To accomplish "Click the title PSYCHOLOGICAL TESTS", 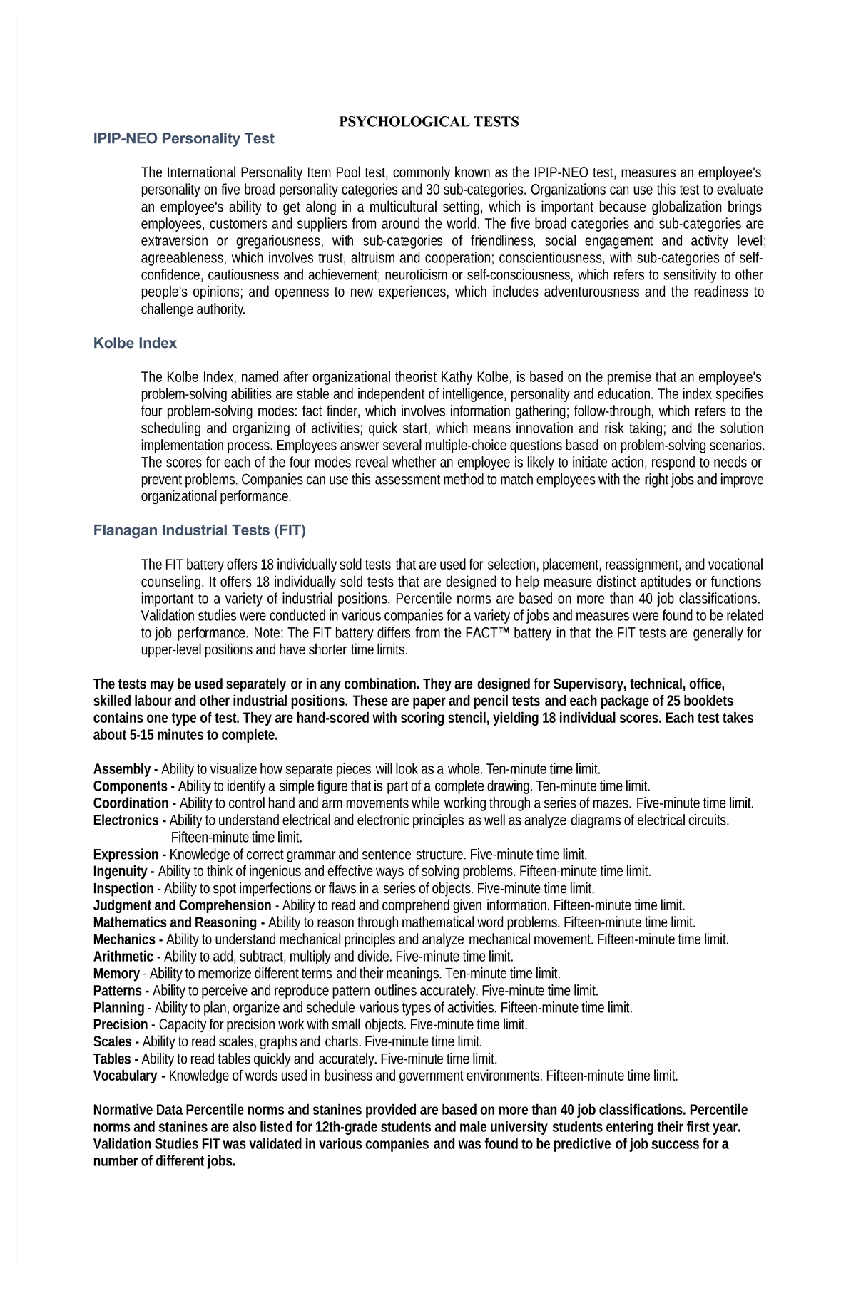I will [428, 121].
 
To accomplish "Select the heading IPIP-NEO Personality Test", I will [183, 139].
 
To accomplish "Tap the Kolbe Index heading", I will [135, 343].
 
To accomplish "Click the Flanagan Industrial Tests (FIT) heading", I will [199, 530].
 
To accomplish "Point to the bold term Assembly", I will [121, 769].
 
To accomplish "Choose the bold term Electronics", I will [126, 820].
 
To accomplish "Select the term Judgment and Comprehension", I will [182, 905].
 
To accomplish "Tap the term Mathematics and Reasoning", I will [175, 922].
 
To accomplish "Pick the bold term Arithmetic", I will [123, 957].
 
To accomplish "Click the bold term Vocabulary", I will [125, 1076].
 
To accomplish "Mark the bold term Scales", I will [112, 1041].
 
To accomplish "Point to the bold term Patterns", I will [118, 991].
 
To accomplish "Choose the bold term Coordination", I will [131, 803].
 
